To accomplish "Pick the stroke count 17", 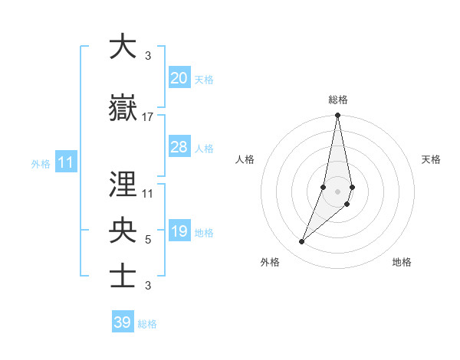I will point(148,116).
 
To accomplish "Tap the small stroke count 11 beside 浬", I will point(148,193).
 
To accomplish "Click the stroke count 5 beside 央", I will point(148,240).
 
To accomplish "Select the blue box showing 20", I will point(179,78).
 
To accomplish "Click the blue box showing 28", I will point(179,147).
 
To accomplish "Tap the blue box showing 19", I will point(179,232).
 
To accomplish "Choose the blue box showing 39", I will point(123,322).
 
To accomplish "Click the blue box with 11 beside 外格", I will point(66,162).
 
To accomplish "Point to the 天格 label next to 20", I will point(204,79).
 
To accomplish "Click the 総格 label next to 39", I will point(147,324).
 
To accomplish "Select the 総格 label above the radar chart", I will point(338,100).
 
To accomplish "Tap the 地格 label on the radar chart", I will point(402,263).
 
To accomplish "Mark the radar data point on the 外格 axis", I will point(301,242).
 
